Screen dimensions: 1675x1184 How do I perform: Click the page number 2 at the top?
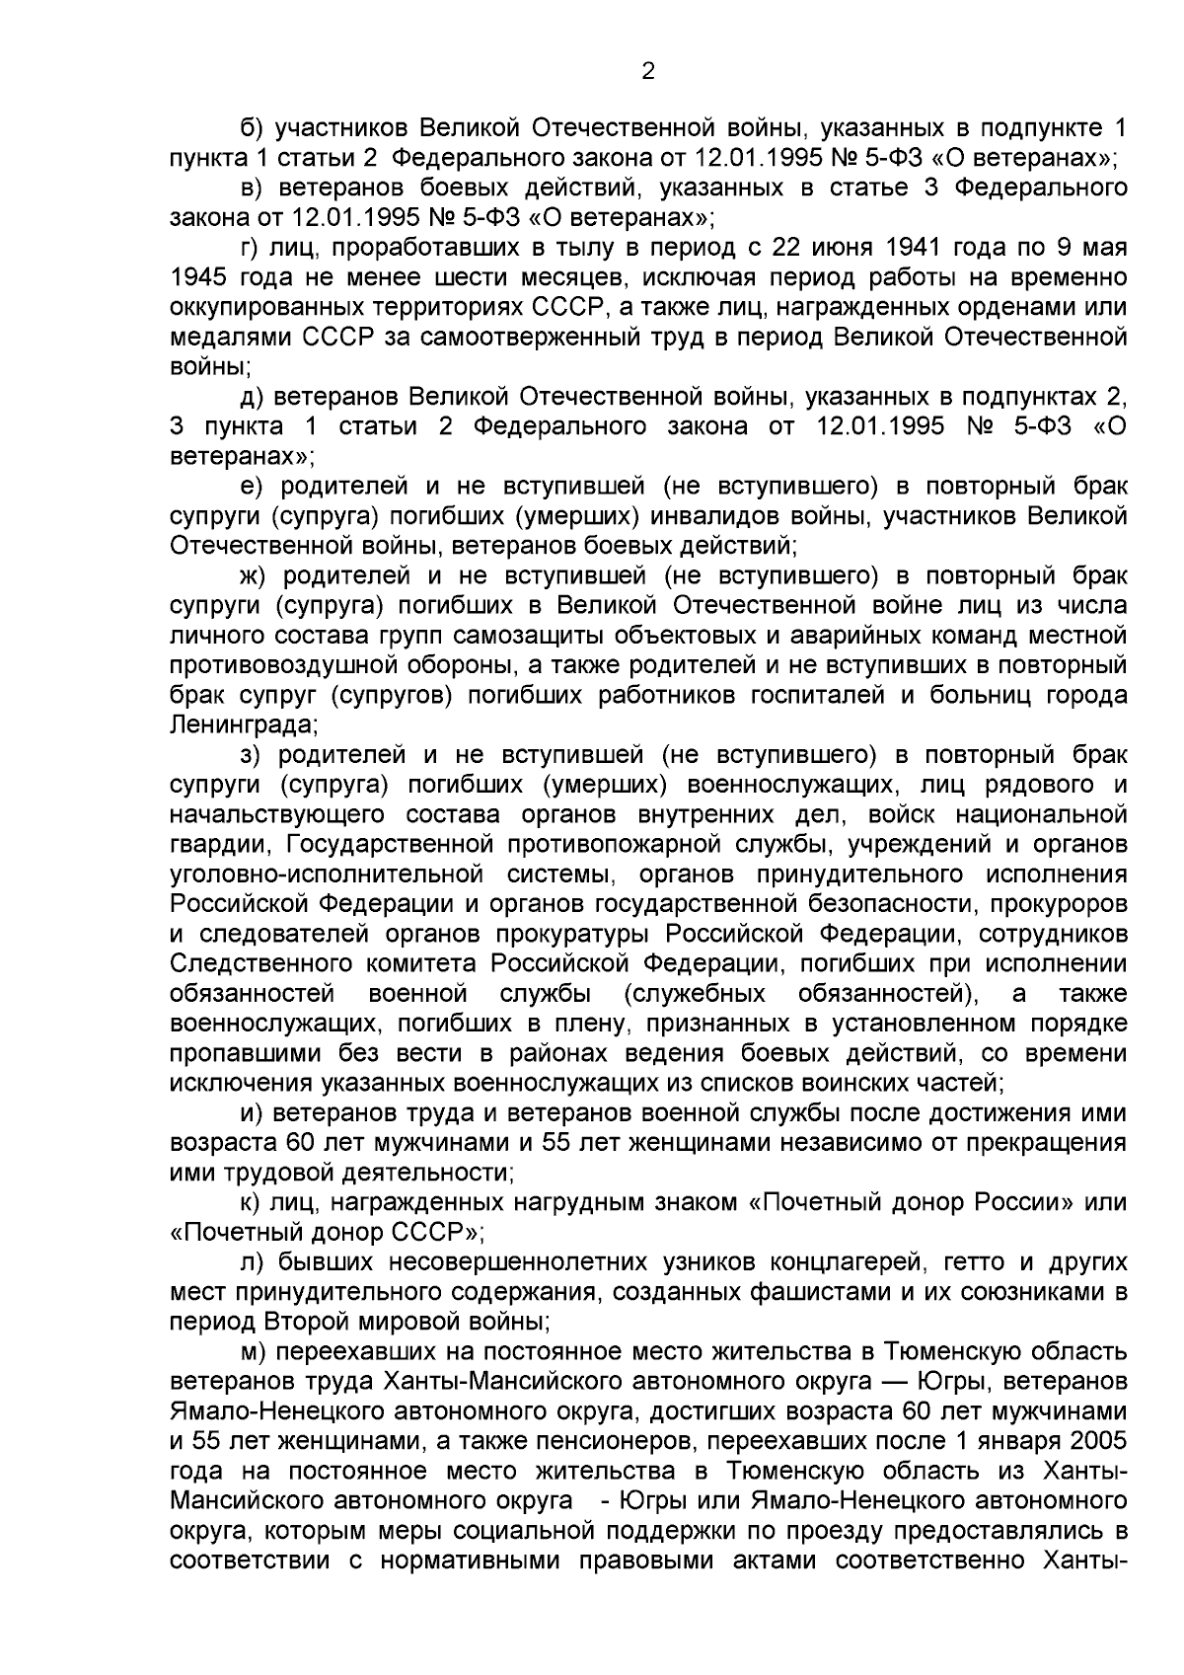coord(647,70)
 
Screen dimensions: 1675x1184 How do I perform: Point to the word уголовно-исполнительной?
coord(327,875)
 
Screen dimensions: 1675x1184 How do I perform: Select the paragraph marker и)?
coord(252,1113)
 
